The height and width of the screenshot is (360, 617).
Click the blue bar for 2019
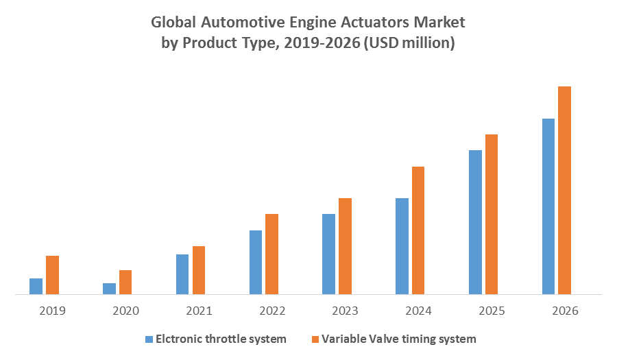coord(36,287)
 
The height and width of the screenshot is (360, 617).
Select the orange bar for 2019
coord(52,275)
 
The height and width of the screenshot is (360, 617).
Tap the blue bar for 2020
coord(109,289)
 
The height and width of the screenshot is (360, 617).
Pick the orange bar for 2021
coord(199,270)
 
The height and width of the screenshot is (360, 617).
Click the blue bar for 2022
coord(256,263)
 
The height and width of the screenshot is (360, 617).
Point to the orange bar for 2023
coord(345,246)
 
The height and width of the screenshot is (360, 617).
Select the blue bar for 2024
coord(402,246)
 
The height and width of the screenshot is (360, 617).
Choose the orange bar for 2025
coord(492,215)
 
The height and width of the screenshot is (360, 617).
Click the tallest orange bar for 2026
coord(564,191)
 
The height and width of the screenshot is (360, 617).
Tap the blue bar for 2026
coord(548,206)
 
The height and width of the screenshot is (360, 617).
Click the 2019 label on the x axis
coord(52,311)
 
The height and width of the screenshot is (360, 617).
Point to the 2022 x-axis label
coord(272,311)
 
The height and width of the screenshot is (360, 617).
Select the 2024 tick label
coord(418,311)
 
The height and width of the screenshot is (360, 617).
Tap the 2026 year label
coord(564,311)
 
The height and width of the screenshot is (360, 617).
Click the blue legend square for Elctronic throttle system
coord(149,339)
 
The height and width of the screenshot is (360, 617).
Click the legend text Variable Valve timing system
coord(398,339)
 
